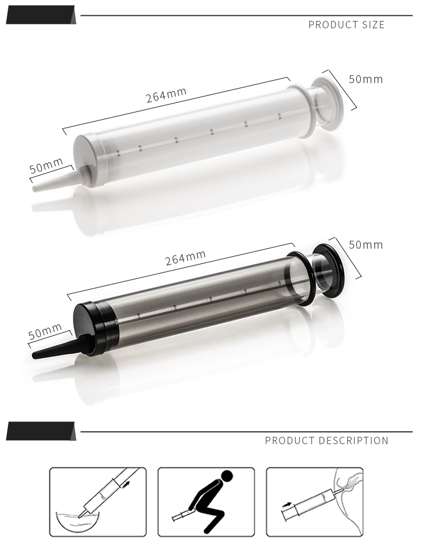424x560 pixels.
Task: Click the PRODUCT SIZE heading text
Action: coord(346,25)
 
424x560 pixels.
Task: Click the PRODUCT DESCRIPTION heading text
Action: coord(326,441)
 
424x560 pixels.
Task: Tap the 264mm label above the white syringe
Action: coord(166,94)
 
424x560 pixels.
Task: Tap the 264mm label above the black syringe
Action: coord(185,258)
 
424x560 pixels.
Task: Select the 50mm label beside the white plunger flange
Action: coord(365,79)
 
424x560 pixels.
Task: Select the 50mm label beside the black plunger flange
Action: coord(365,245)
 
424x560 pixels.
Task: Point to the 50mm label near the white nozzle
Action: coord(46,166)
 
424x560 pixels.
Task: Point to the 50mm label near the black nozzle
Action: coord(45,331)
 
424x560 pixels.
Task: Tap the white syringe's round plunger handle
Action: coord(330,102)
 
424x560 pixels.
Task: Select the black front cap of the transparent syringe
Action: coord(90,328)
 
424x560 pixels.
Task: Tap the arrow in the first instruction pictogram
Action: coord(125,484)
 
